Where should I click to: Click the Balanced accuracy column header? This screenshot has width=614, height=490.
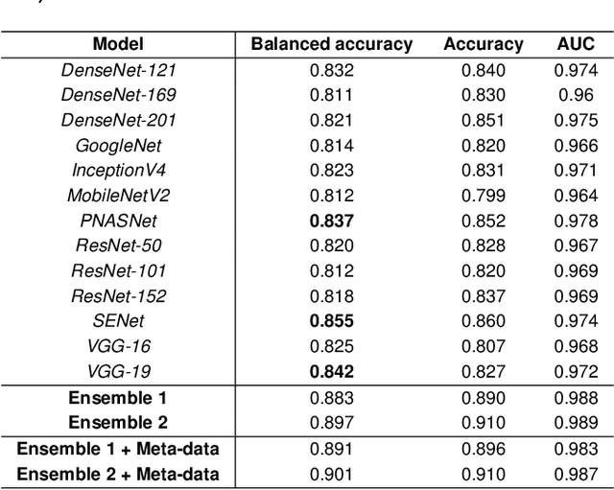(332, 44)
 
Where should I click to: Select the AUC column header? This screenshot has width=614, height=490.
(576, 44)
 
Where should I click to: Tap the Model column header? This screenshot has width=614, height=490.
(118, 44)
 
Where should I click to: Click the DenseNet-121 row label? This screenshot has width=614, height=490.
(118, 70)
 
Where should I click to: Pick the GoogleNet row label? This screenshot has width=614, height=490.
(118, 146)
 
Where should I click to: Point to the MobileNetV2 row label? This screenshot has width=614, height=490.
(118, 196)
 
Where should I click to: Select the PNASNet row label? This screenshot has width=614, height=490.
(118, 221)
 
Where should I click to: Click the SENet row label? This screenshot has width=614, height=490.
(118, 321)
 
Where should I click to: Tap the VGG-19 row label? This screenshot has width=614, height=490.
(118, 371)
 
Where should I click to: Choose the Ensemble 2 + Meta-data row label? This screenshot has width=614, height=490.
(118, 474)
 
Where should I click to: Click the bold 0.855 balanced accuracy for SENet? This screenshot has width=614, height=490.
(332, 321)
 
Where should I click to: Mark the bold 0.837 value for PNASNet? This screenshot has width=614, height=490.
(332, 221)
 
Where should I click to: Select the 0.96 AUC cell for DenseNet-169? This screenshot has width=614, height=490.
(576, 95)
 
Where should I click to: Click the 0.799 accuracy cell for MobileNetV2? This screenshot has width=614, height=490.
(484, 196)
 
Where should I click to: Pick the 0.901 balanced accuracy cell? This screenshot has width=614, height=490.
(332, 474)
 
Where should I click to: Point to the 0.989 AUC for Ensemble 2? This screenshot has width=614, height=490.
(576, 422)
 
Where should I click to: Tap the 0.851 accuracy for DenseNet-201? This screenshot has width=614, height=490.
(484, 120)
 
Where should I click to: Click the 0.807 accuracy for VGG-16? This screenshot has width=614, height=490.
(484, 346)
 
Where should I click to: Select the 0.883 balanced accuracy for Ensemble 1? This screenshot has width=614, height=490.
(332, 397)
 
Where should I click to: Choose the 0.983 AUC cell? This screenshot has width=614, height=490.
(576, 448)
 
